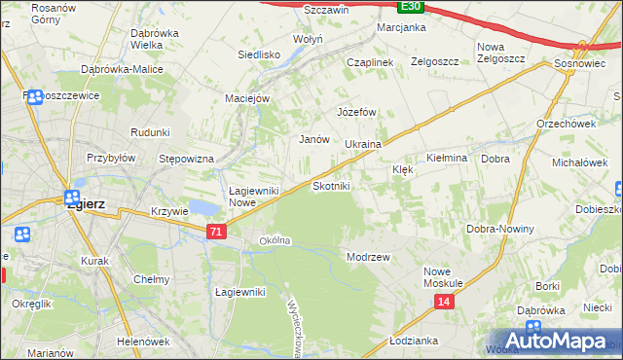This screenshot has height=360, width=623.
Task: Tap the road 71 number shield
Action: pos(217,231)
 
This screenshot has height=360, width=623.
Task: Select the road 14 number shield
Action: pos(444,303)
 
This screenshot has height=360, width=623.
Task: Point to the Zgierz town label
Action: pos(85,205)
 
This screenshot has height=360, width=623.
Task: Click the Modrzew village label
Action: pos(368,257)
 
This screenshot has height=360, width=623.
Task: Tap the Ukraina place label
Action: pos(362,144)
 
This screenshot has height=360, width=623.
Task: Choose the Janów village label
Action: pos(312,139)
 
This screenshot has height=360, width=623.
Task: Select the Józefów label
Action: pos(356,112)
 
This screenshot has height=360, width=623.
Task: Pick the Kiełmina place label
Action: pos(448,158)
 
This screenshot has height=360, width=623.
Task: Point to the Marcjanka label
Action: pos(401,27)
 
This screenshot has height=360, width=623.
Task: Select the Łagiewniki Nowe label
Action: pos(255,197)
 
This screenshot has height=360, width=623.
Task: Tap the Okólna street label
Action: pos(275,240)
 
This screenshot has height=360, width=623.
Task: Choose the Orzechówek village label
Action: pos(566,124)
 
